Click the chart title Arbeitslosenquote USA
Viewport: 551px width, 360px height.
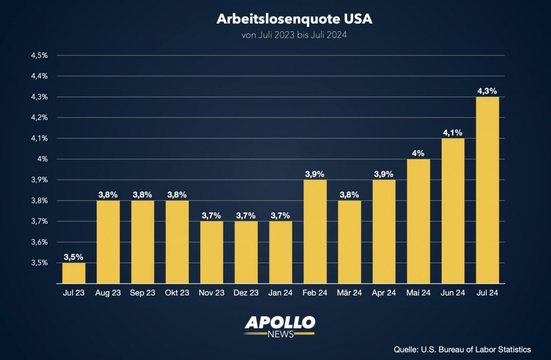[x=294, y=19]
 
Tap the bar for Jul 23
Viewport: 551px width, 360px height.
[x=74, y=273]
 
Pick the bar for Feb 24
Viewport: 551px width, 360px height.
[x=315, y=231]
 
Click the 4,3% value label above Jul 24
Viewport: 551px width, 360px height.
[x=488, y=91]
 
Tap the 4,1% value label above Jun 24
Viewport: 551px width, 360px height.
[x=453, y=132]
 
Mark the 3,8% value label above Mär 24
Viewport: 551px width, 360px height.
[x=349, y=195]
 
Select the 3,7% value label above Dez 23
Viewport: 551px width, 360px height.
[x=246, y=215]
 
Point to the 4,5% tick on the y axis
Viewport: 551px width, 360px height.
[x=40, y=55]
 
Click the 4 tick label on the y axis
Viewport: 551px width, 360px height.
[x=45, y=159]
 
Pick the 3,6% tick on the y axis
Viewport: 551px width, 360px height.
[x=40, y=242]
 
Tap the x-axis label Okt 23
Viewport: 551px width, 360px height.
[x=177, y=293]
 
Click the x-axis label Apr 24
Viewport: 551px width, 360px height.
[x=384, y=293]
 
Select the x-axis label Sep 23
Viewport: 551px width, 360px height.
[x=143, y=293]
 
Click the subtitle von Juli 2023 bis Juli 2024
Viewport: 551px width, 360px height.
[x=294, y=36]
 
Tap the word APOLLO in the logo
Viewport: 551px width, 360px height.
[x=280, y=323]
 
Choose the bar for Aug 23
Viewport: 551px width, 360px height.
[x=108, y=242]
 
